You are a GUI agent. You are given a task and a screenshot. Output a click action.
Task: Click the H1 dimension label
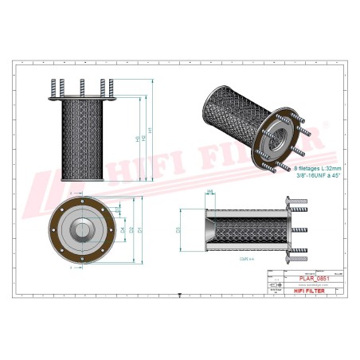151,130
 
